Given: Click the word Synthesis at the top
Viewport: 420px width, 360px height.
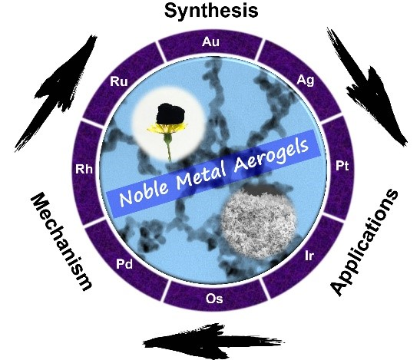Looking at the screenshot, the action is pyautogui.click(x=211, y=11).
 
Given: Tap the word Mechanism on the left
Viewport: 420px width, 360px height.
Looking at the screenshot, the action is pyautogui.click(x=61, y=241).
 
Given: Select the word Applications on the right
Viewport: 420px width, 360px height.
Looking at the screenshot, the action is pyautogui.click(x=364, y=243).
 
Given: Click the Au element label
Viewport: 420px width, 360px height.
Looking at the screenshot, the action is pyautogui.click(x=210, y=42).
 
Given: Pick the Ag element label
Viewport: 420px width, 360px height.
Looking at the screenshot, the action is pyautogui.click(x=306, y=80).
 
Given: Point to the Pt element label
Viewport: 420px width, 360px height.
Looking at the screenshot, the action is pyautogui.click(x=342, y=166).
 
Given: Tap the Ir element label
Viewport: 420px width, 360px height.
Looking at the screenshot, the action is pyautogui.click(x=309, y=256).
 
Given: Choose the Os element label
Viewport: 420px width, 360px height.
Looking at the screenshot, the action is pyautogui.click(x=214, y=299).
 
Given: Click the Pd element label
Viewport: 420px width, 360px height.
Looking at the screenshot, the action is pyautogui.click(x=124, y=264).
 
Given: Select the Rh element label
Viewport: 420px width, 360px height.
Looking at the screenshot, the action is pyautogui.click(x=84, y=170).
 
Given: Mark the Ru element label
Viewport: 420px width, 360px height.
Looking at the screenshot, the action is pyautogui.click(x=119, y=81).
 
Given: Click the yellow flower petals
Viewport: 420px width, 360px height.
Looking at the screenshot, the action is pyautogui.click(x=167, y=129).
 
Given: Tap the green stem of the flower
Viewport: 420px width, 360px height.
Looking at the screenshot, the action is pyautogui.click(x=168, y=148).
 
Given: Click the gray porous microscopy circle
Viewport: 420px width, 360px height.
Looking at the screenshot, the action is pyautogui.click(x=260, y=223).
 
